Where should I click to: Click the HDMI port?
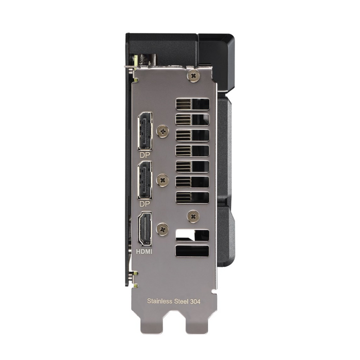pos(145,229)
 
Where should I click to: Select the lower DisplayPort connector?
pos(145,180)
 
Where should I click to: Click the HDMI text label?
pos(144,251)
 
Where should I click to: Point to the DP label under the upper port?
pos(145,155)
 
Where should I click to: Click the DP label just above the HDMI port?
pos(145,204)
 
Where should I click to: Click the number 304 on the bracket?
pos(195,301)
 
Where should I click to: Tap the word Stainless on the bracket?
pos(159,301)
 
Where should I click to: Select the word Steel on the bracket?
pos(181,301)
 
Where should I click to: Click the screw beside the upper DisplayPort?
pos(163,132)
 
